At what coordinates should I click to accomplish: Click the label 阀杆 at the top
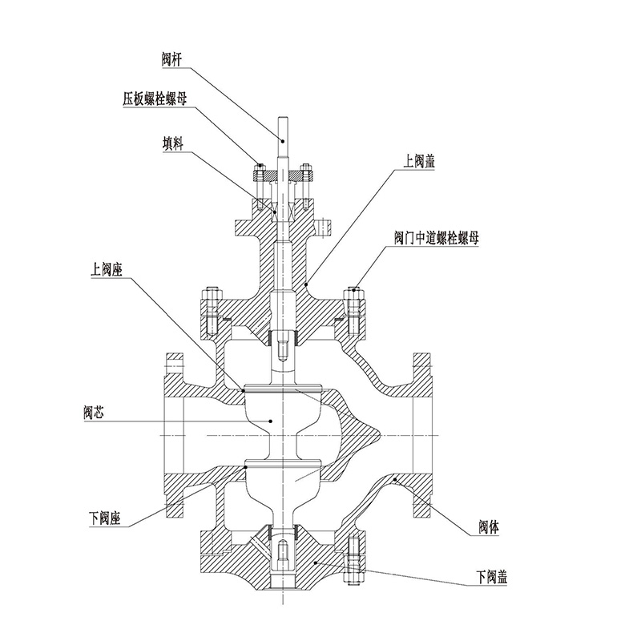pyautogui.click(x=173, y=58)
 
